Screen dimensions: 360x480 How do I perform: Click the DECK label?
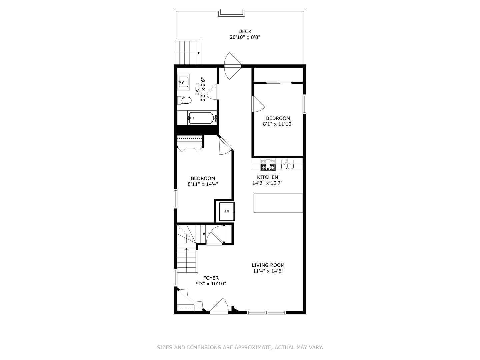click(245, 31)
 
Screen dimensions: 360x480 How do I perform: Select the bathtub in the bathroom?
click(201, 118)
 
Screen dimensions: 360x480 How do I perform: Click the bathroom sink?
click(183, 81)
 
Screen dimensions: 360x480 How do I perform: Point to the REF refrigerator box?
click(227, 211)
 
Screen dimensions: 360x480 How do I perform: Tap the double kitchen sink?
click(287, 165)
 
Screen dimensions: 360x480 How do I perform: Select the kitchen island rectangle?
click(278, 203)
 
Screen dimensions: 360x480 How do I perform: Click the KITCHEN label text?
click(267, 177)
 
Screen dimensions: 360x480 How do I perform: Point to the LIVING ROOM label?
click(268, 265)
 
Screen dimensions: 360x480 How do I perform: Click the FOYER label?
click(211, 278)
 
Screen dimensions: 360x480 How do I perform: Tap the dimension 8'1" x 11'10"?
click(278, 124)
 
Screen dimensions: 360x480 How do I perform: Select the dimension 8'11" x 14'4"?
click(203, 184)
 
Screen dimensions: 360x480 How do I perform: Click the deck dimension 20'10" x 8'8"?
click(245, 37)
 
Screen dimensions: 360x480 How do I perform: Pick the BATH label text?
click(197, 89)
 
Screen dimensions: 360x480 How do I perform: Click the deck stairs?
click(187, 52)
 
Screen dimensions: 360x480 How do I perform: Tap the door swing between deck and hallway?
click(232, 66)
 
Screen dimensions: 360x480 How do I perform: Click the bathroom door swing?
click(212, 92)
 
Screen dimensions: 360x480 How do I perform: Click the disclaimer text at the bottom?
click(240, 347)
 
